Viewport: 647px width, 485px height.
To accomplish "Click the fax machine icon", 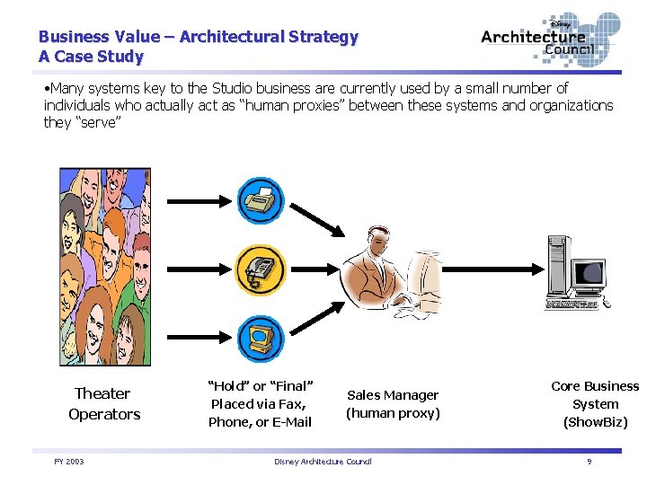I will (261, 200).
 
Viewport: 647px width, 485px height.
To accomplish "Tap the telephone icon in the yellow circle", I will (261, 268).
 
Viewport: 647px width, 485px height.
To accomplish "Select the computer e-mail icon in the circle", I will (261, 338).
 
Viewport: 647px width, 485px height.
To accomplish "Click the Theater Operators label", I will (103, 404).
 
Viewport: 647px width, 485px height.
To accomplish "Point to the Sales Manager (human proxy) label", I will (393, 404).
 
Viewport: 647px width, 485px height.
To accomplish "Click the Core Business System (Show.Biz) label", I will (595, 404).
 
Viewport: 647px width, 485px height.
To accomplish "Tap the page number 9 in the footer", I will (589, 462).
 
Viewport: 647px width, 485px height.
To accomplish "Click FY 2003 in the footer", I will (68, 462).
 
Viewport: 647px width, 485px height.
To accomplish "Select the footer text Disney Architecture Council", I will (322, 462).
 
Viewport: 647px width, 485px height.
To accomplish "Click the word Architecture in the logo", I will (533, 37).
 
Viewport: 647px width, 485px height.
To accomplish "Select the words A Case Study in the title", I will (91, 57).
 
